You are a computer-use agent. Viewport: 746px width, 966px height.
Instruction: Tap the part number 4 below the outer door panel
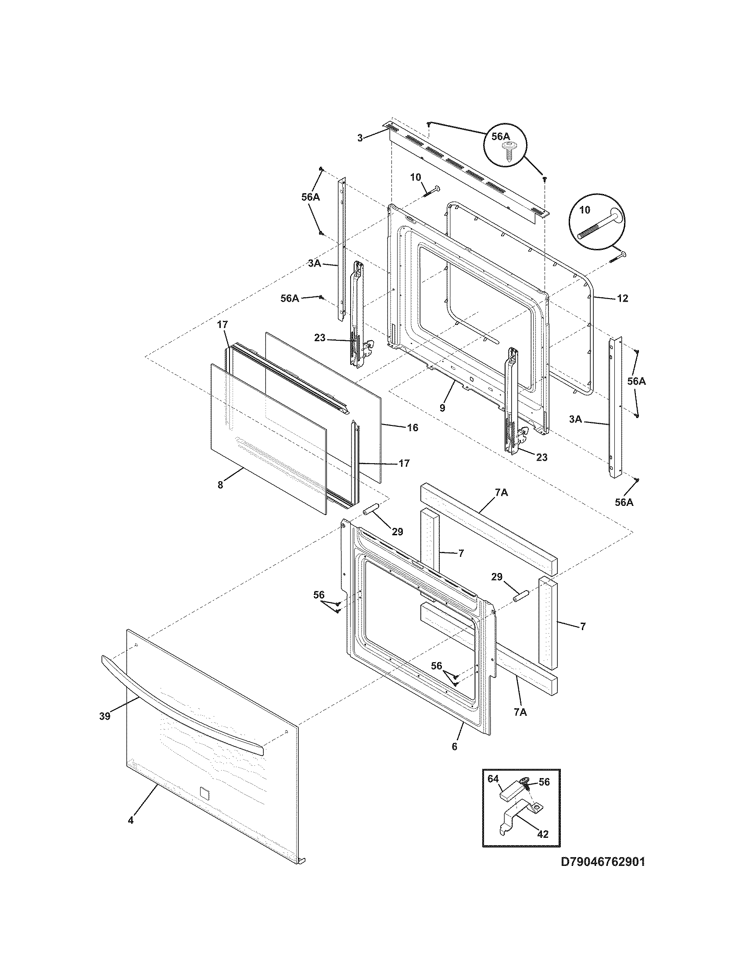(130, 820)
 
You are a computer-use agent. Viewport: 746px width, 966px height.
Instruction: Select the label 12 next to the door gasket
(622, 299)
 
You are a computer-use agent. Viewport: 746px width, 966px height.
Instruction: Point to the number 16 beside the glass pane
(412, 428)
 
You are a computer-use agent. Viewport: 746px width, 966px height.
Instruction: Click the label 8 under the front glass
(220, 485)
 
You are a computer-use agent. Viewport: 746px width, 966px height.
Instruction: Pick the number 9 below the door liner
(442, 408)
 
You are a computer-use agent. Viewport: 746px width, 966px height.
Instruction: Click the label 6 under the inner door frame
(454, 747)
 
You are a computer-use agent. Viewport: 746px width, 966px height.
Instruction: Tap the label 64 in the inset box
(494, 777)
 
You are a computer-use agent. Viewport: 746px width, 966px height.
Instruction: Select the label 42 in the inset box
(542, 834)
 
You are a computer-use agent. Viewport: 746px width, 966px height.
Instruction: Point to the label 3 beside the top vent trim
(360, 138)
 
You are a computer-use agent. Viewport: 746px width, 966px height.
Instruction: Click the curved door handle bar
(181, 709)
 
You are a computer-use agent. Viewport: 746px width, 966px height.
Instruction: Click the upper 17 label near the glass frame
(222, 325)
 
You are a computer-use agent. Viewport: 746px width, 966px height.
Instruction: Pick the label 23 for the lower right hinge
(542, 458)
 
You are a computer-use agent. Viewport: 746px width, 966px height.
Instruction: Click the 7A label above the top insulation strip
(502, 493)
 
